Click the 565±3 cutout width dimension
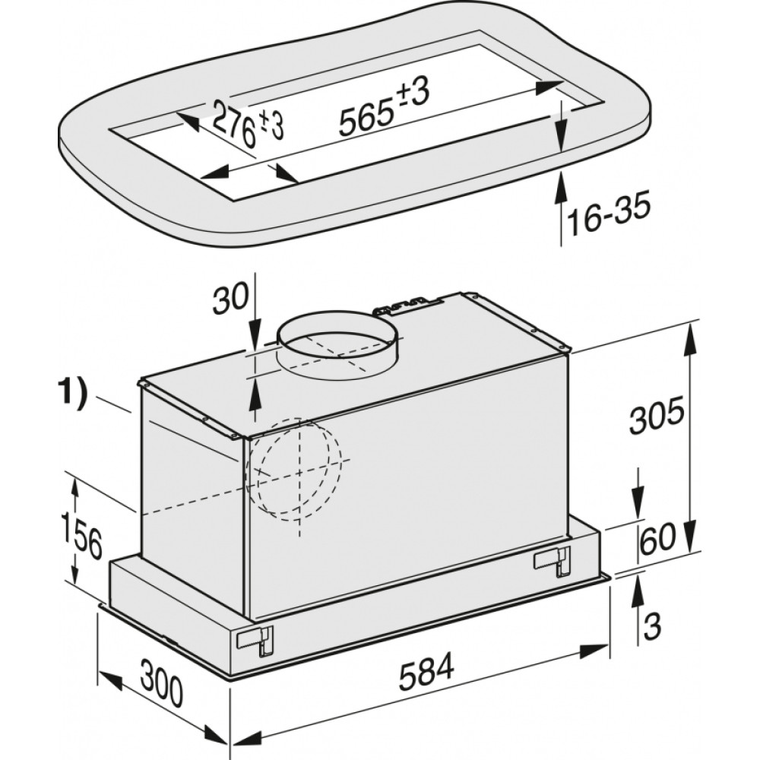[x=383, y=108]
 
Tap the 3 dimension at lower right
[x=652, y=627]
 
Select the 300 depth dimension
[x=162, y=686]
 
